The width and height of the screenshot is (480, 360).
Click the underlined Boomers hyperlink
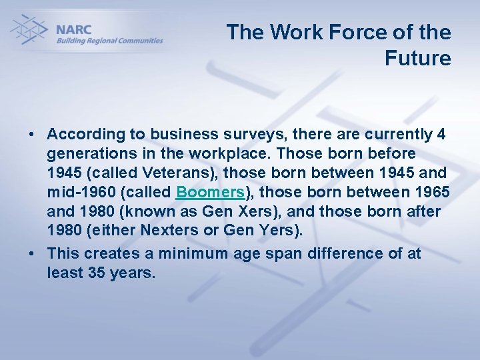tap(210, 193)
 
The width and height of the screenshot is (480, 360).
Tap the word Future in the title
tap(417, 59)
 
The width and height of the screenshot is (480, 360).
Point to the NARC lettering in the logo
tap(75, 30)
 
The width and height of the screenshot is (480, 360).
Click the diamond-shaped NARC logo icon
tap(28, 30)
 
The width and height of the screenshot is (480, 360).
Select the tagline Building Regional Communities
tap(109, 41)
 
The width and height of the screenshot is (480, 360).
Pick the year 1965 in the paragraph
tap(431, 193)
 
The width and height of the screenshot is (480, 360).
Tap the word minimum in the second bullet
tap(175, 253)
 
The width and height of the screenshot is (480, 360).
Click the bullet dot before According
tap(31, 135)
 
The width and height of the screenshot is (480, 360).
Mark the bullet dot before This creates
tap(31, 254)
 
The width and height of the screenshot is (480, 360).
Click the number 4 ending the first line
tap(441, 134)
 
